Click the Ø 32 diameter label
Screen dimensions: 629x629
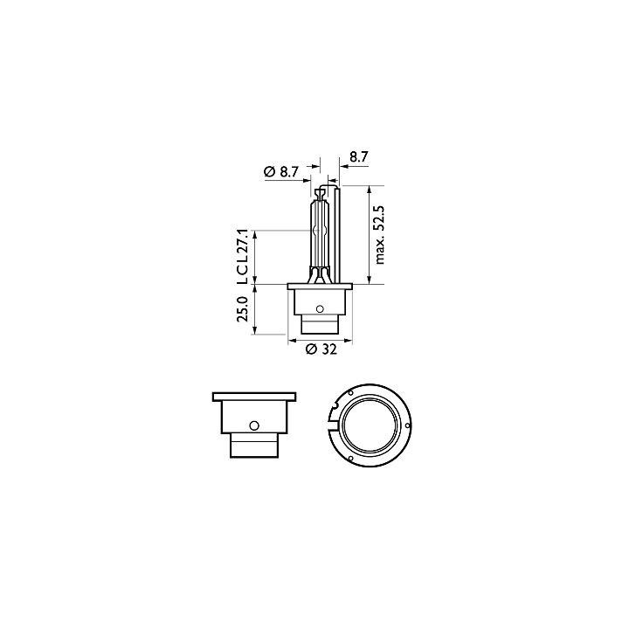[x=321, y=349]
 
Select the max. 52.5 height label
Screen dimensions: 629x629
[x=379, y=235]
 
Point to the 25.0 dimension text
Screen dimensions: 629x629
[x=243, y=309]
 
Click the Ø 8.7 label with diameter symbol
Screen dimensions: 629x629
[x=281, y=172]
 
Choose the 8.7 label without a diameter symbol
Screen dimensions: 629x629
[x=358, y=157]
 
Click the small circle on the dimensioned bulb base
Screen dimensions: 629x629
[x=320, y=309]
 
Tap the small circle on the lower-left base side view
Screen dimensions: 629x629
[x=254, y=425]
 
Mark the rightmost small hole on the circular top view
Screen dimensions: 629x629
[x=408, y=425]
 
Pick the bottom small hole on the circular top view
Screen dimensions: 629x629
[x=351, y=459]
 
